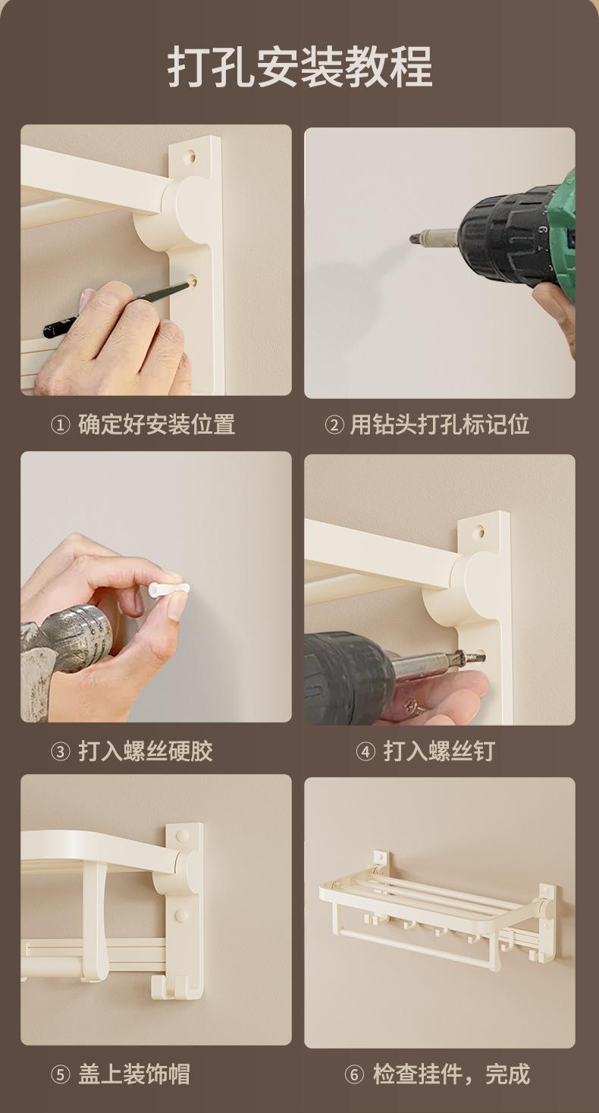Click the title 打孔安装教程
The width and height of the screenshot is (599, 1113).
(299, 66)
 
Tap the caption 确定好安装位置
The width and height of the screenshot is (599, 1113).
(157, 425)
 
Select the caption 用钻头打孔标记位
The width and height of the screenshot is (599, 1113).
(439, 425)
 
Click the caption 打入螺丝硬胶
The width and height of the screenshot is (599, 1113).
(146, 751)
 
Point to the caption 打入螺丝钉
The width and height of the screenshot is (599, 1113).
(439, 751)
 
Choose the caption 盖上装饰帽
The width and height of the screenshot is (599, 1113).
(134, 1074)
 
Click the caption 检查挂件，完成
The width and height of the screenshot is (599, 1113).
(451, 1074)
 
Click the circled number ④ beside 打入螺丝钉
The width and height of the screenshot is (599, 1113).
(365, 752)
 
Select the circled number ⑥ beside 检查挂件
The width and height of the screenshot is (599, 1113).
(354, 1074)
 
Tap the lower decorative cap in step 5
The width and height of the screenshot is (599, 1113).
(181, 916)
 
